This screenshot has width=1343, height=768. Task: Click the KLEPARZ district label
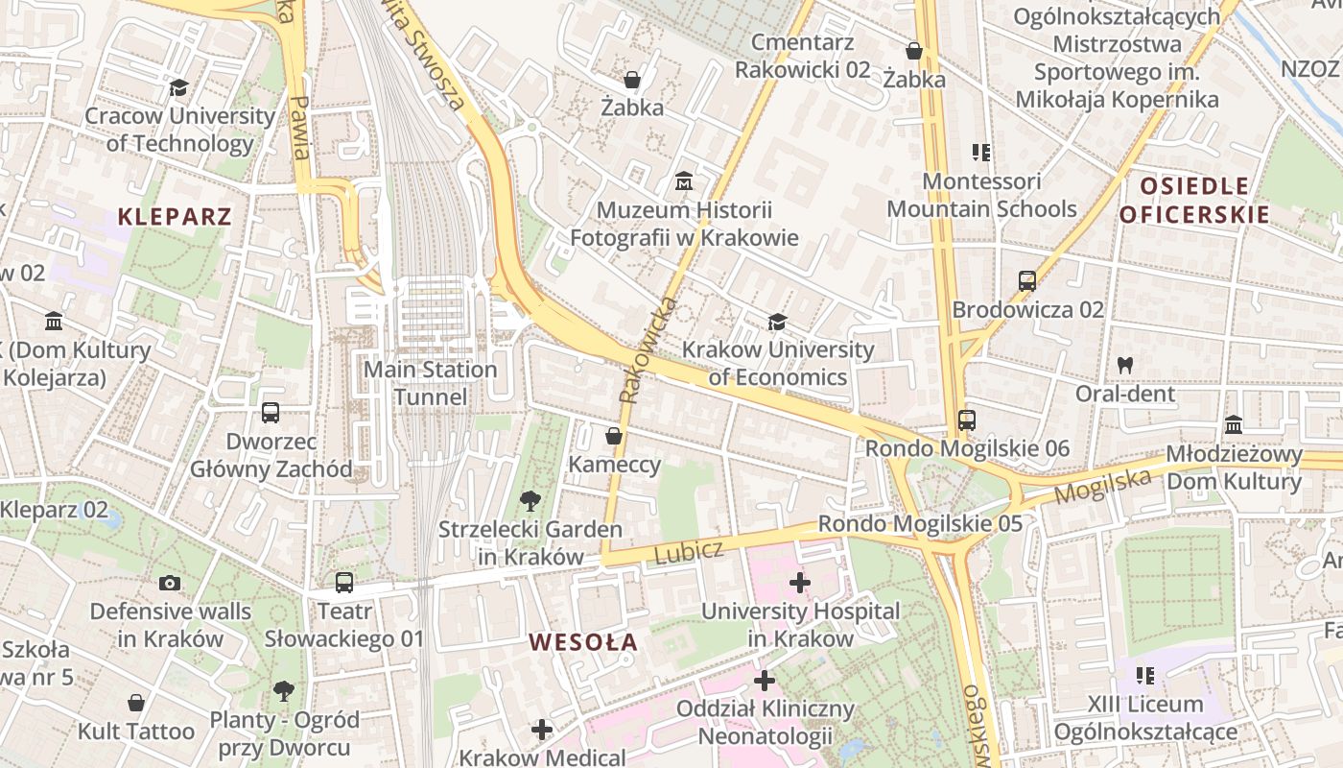pyautogui.click(x=175, y=216)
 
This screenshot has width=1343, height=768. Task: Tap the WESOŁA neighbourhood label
pyautogui.click(x=583, y=642)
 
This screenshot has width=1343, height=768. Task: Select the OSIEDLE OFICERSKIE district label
pyautogui.click(x=1194, y=200)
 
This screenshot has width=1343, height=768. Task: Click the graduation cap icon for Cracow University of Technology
pyautogui.click(x=178, y=88)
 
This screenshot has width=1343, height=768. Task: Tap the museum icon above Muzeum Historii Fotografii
pyautogui.click(x=684, y=180)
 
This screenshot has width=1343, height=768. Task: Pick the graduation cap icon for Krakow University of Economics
pyautogui.click(x=777, y=322)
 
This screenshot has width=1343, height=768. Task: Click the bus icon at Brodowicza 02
pyautogui.click(x=1027, y=281)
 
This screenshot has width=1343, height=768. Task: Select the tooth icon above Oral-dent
pyautogui.click(x=1124, y=366)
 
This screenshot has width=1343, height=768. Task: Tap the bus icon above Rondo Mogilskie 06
pyautogui.click(x=967, y=420)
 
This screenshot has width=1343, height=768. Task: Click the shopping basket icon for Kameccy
pyautogui.click(x=614, y=437)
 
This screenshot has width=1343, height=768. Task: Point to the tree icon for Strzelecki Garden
pyautogui.click(x=530, y=500)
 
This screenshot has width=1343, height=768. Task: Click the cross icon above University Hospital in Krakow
pyautogui.click(x=800, y=583)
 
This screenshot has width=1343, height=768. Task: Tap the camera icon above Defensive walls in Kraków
pyautogui.click(x=170, y=583)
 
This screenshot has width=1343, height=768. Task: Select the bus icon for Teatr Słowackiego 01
pyautogui.click(x=344, y=583)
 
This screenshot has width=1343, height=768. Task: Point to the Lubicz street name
pyautogui.click(x=689, y=551)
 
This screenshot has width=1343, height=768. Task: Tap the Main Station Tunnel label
pyautogui.click(x=431, y=383)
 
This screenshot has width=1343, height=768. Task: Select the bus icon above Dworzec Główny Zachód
pyautogui.click(x=271, y=413)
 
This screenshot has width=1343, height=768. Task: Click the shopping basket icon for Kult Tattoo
pyautogui.click(x=136, y=703)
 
